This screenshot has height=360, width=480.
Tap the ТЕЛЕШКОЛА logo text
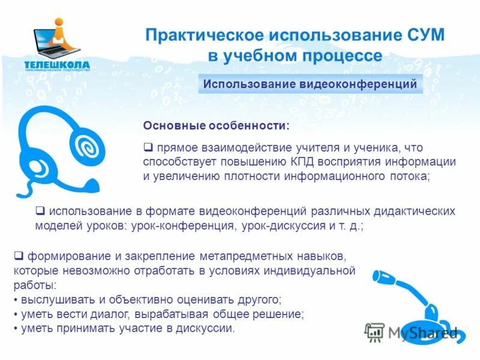[x=57, y=64]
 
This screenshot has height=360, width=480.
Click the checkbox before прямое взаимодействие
[x=148, y=147]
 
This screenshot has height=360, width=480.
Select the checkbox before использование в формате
[x=41, y=211]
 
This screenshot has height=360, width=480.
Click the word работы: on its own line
[x=35, y=284]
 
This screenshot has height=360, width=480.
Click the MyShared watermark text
[x=422, y=332]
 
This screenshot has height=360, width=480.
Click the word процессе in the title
[x=344, y=56]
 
